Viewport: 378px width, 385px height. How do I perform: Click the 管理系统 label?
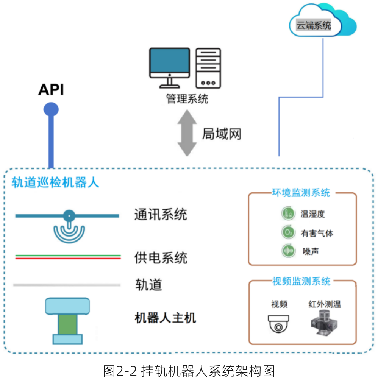tap(187, 99)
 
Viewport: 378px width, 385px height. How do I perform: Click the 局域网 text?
tap(222, 134)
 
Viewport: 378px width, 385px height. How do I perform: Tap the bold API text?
tap(51, 90)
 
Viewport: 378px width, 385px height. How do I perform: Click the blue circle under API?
tap(51, 110)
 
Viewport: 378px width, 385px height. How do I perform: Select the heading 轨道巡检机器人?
tap(55, 183)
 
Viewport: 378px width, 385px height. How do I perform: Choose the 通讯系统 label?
tap(161, 215)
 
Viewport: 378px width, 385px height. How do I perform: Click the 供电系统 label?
tap(161, 258)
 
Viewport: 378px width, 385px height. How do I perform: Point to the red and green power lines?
tap(68, 257)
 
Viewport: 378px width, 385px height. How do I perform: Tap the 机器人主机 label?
tap(166, 318)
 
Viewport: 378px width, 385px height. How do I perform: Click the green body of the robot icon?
tap(67, 324)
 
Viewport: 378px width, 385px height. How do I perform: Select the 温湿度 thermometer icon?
tap(288, 214)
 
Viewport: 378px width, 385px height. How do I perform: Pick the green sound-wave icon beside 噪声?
tap(288, 251)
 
